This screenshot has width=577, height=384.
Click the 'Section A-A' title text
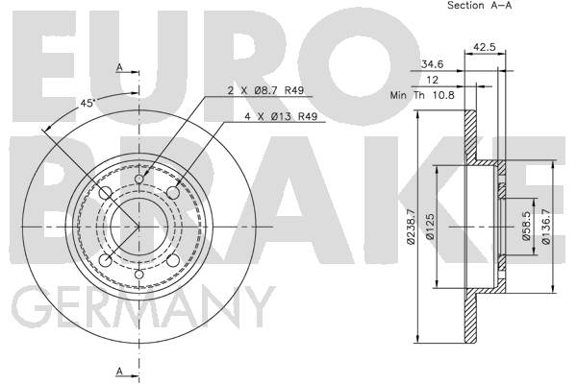[x=479, y=5]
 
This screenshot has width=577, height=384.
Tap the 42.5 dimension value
[x=485, y=47]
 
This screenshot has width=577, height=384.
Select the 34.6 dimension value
[x=433, y=64]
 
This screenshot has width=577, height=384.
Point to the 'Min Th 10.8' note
[x=422, y=95]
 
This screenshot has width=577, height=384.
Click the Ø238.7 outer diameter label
[x=411, y=226]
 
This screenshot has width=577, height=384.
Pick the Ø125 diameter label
[x=430, y=227]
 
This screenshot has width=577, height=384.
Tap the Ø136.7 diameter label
[x=545, y=227]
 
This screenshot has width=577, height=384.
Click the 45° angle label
[x=88, y=104]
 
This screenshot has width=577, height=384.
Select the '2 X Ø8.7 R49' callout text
[x=265, y=90]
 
